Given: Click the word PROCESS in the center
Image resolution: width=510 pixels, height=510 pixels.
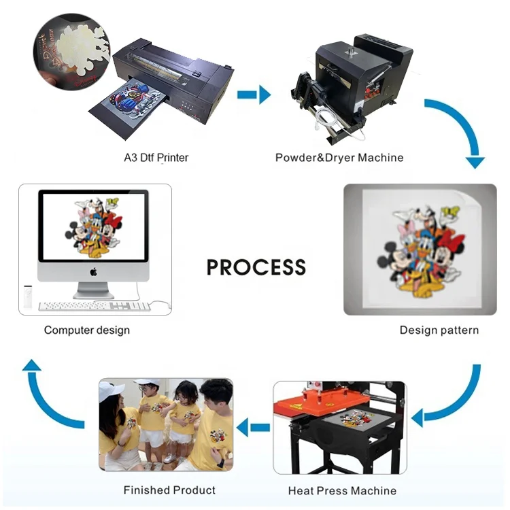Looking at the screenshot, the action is [x=256, y=266].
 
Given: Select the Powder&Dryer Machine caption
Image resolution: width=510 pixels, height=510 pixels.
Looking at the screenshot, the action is [x=339, y=158].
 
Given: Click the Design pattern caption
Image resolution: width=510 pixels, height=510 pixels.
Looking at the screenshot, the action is [x=439, y=330].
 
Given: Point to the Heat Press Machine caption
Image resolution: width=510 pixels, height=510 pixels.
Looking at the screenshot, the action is [x=342, y=490].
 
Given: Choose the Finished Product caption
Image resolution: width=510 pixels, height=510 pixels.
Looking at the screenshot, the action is [x=169, y=490].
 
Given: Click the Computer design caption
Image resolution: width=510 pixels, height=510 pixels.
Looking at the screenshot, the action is [x=86, y=330].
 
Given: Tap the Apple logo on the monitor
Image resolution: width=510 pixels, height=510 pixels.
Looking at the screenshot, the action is [x=93, y=271].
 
